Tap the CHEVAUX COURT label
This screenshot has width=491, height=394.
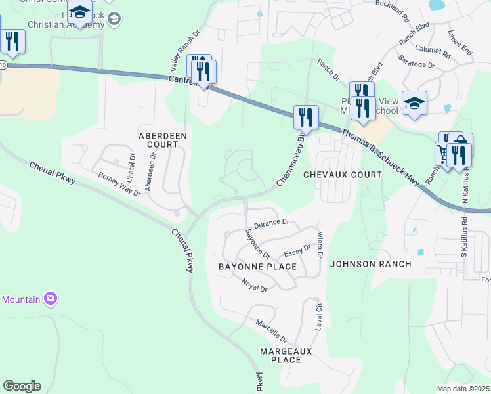pos(342,175)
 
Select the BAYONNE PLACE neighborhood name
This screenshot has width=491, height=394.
pos(257,267)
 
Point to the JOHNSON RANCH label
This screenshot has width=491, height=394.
pos(370,264)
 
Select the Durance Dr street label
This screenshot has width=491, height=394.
pos(272,223)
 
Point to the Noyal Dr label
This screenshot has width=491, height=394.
pos(254,286)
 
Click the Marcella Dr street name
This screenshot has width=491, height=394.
pos(272,331)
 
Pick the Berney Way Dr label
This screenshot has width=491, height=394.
pos(119,185)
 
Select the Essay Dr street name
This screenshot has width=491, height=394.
pos(297,251)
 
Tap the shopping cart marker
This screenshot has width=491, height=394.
pos(443,154)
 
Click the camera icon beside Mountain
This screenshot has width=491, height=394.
pos(51,299)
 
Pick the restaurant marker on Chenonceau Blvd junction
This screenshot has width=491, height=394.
pos(305,117)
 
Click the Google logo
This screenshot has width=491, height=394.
pos(22,386)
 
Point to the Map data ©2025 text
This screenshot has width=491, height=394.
pos(463,389)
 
